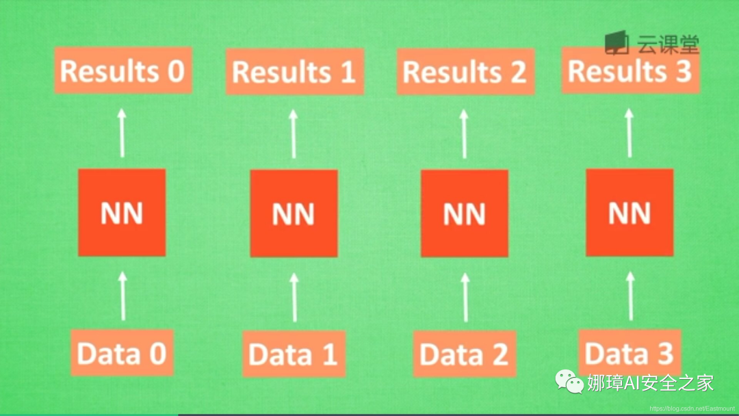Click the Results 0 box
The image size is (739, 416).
click(x=123, y=70)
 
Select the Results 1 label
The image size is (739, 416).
click(x=294, y=71)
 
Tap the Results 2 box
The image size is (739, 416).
click(x=465, y=71)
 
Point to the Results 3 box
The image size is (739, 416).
click(x=630, y=70)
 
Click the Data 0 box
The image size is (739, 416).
click(x=122, y=353)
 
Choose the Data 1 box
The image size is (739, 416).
click(x=294, y=354)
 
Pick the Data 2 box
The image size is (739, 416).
click(x=465, y=354)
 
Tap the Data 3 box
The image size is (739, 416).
click(x=630, y=353)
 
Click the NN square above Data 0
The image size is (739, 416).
click(x=122, y=213)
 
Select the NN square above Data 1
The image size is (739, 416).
click(x=294, y=213)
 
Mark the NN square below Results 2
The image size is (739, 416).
click(x=465, y=213)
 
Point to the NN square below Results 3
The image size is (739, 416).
click(x=630, y=213)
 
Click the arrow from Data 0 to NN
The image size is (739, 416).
click(x=123, y=296)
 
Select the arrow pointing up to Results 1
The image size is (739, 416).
click(x=294, y=133)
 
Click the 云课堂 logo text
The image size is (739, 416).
click(x=668, y=44)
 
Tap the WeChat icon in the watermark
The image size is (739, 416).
click(x=569, y=382)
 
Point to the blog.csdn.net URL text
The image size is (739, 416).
click(x=692, y=408)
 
